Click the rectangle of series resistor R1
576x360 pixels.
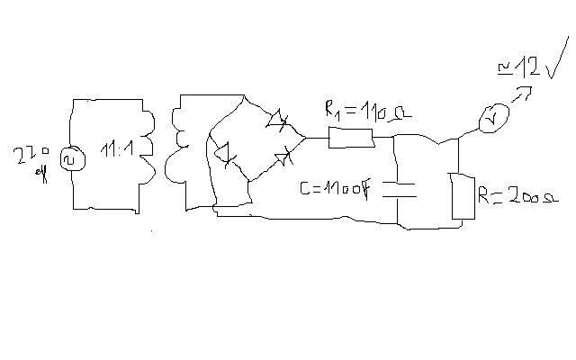coord(351,138)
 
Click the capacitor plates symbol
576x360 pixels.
coord(400,190)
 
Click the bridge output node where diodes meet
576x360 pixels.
coord(305,138)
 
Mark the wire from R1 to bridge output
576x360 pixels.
coord(318,138)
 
